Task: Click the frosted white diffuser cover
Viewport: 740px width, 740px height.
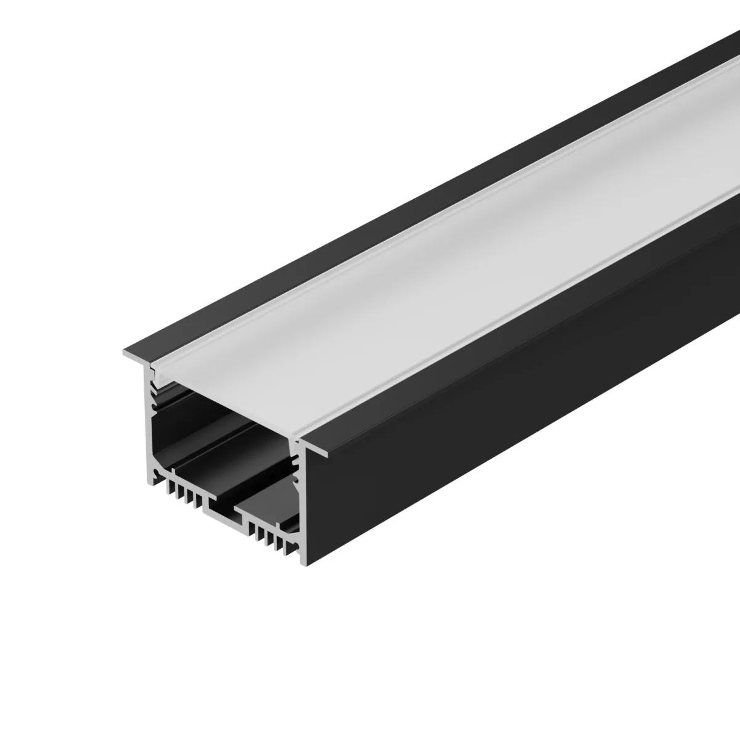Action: pos(432,277)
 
